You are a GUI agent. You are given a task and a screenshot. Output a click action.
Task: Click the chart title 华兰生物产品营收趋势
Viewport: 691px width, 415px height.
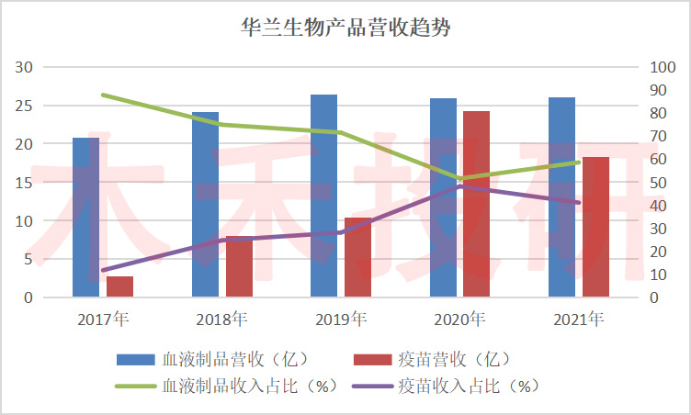(x=345, y=28)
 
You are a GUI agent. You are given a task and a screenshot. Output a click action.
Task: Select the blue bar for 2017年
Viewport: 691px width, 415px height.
(x=86, y=218)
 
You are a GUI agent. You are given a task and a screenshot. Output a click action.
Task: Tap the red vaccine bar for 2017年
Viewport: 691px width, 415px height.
(x=119, y=286)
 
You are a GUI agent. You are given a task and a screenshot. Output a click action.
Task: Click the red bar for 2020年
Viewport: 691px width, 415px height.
(x=476, y=204)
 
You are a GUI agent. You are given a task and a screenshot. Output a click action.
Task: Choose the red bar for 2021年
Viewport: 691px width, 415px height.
(x=595, y=227)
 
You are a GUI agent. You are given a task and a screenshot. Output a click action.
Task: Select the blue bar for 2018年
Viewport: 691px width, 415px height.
(x=205, y=205)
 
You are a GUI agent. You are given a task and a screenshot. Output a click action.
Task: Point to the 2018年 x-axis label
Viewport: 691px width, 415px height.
(x=221, y=320)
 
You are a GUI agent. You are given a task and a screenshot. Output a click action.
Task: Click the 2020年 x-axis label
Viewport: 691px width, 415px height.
(x=459, y=320)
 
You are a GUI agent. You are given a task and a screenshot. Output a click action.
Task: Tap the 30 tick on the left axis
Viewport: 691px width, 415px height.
(x=25, y=67)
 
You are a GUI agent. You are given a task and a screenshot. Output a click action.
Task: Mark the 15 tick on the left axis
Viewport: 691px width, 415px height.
(x=25, y=183)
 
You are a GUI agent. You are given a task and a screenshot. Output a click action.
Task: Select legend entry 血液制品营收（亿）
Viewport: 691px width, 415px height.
(x=221, y=358)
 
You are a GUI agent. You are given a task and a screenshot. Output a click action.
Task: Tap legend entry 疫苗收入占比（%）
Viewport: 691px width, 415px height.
(x=454, y=386)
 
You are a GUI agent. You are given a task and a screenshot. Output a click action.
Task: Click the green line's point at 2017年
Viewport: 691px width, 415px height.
(x=103, y=95)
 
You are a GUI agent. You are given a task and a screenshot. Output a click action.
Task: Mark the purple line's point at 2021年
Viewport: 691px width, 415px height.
(x=579, y=203)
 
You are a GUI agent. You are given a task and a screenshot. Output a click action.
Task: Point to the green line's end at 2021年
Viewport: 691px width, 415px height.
(x=579, y=163)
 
